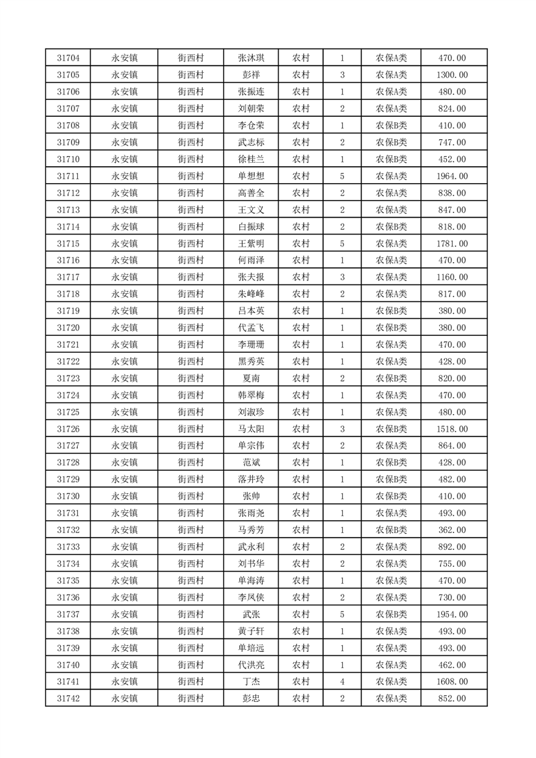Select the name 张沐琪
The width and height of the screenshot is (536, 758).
[x=251, y=58]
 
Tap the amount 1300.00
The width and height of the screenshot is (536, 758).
[x=452, y=75]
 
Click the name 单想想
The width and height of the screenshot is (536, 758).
[x=251, y=176]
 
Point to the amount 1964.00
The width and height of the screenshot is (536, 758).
[x=452, y=176]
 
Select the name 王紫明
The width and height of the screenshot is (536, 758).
[x=251, y=243]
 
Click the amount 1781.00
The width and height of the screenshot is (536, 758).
[x=452, y=243]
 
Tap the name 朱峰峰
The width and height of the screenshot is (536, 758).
[x=251, y=294]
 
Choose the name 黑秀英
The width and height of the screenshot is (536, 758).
[x=251, y=361]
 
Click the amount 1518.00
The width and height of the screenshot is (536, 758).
[x=452, y=429]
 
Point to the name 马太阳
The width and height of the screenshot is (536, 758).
[x=251, y=429]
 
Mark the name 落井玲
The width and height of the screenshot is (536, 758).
[x=251, y=480]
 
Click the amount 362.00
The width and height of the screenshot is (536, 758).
[x=452, y=530]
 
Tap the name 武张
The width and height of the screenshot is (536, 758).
[x=251, y=614]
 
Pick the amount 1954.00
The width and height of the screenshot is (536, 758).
[x=452, y=614]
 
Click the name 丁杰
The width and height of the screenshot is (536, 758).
[x=251, y=682]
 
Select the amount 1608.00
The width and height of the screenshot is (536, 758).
[x=452, y=682]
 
